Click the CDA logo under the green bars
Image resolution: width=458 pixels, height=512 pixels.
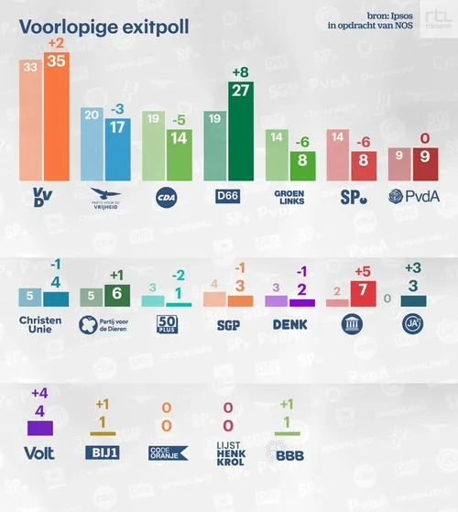pos(166,195)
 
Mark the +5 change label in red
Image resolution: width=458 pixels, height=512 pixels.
pos(364,270)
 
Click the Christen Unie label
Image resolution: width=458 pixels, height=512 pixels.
pos(41,326)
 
